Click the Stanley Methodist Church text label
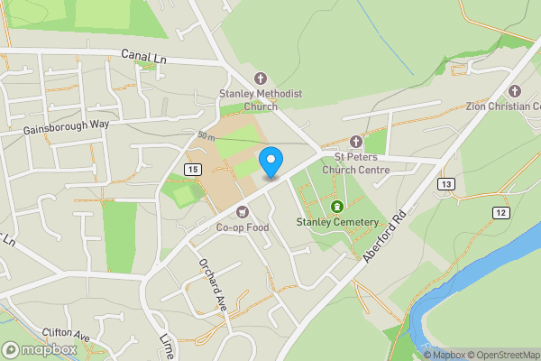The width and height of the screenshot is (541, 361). (261, 99)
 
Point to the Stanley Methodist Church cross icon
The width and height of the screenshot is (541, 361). (261, 78)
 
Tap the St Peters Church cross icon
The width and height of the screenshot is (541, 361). (355, 143)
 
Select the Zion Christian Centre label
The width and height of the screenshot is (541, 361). (503, 106)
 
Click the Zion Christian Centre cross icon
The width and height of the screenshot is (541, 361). (515, 90)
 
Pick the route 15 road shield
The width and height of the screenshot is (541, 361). (192, 169)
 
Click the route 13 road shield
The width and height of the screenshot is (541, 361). (445, 184)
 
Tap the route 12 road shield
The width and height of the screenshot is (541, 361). (500, 211)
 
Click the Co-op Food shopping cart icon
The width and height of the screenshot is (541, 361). (242, 211)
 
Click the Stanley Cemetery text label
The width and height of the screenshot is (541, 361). (337, 222)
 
